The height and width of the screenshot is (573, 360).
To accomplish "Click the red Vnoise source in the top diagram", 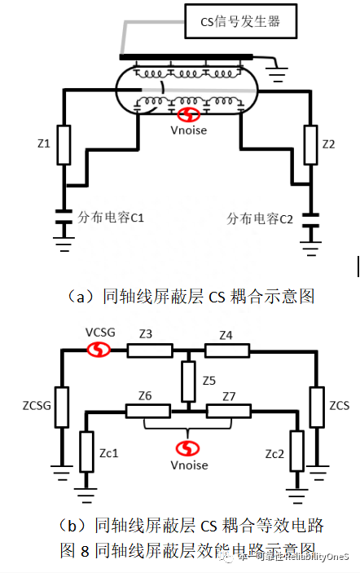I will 188,117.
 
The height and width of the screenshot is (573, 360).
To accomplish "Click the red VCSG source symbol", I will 99,350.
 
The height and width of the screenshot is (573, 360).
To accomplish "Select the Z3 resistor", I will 150,350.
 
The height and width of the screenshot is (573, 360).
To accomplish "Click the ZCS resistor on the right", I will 315,405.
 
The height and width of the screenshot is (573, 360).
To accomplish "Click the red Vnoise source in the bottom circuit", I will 188,449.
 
